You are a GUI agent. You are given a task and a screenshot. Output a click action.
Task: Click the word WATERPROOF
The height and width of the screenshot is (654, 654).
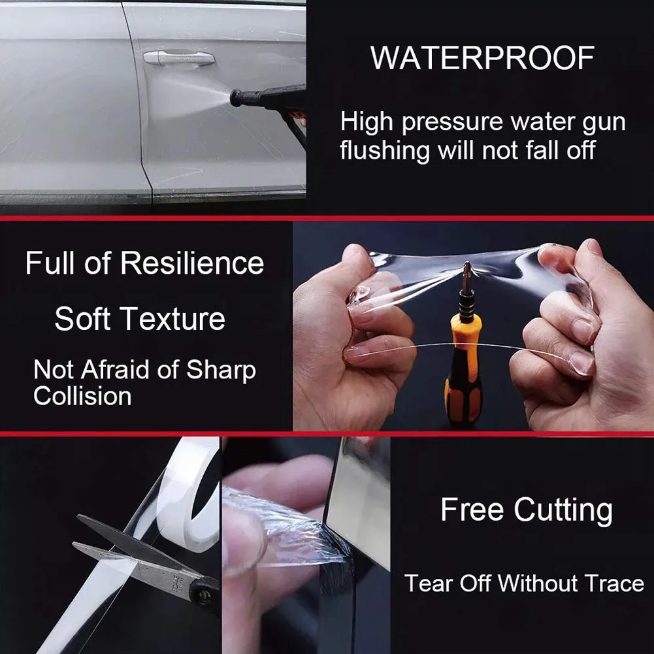point(482,58)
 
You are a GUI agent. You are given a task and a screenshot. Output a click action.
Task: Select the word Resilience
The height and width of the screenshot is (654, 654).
point(192,263)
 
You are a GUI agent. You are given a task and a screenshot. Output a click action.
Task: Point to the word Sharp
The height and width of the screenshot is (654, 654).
point(221,371)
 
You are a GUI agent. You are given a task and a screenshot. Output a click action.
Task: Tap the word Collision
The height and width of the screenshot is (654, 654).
point(82,396)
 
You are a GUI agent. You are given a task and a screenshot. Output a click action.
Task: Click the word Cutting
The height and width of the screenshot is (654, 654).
point(563,510)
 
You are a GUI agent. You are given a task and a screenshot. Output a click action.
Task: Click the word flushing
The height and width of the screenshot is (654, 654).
point(385,150)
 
